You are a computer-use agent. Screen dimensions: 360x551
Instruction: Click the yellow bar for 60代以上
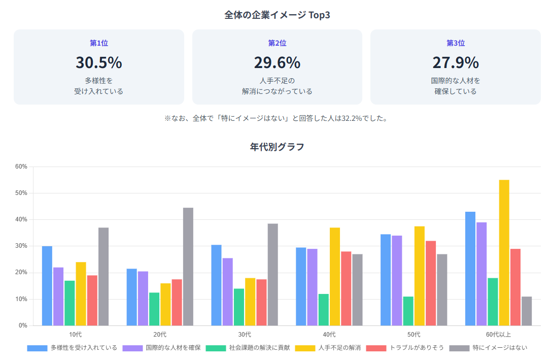(x=504, y=252)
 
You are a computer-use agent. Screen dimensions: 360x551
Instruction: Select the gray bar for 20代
(x=188, y=266)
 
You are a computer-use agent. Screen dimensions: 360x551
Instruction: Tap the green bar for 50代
(x=408, y=311)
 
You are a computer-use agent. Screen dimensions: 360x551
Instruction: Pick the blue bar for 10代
(x=47, y=285)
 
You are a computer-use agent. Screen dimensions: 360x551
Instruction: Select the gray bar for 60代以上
(x=527, y=311)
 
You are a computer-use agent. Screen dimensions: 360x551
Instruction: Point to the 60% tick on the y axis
(x=21, y=167)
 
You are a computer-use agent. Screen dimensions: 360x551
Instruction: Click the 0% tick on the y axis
(x=22, y=325)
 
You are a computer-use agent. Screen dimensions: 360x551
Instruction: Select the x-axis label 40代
(x=329, y=335)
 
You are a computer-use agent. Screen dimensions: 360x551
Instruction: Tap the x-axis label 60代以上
(x=498, y=335)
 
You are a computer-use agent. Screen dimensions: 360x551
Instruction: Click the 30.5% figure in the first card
(x=99, y=62)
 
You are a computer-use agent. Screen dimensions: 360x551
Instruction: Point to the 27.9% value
(x=455, y=62)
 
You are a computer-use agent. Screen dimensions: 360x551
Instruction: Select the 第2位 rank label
(x=277, y=43)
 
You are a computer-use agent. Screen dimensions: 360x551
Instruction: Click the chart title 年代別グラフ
(x=277, y=147)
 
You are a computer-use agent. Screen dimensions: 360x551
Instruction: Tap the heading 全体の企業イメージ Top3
(x=277, y=15)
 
